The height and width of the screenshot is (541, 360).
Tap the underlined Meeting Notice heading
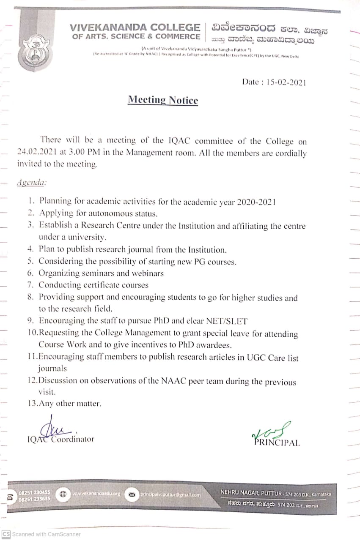coord(163,100)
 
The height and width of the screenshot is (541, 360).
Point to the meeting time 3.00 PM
coord(80,153)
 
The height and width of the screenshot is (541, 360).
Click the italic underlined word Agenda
coord(31,183)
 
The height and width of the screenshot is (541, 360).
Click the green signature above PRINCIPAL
coord(270,431)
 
